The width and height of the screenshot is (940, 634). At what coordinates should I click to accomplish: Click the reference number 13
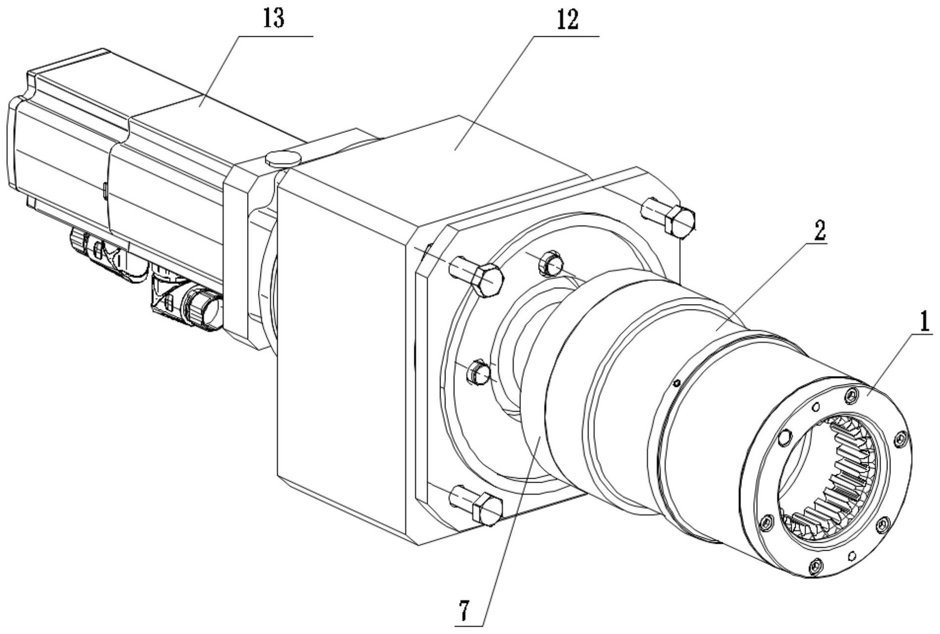(x=274, y=18)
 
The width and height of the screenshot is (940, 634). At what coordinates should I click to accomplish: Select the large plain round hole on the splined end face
(x=784, y=437)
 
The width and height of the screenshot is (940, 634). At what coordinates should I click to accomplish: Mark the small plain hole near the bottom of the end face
(x=852, y=555)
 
